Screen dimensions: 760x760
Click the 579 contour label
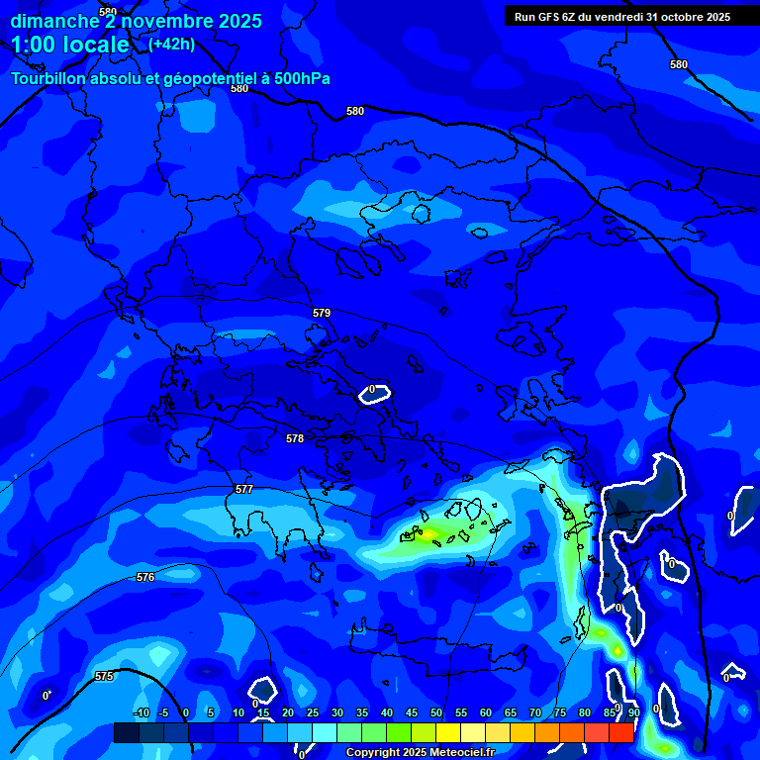pos(322,313)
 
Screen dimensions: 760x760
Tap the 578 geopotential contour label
pos(295,438)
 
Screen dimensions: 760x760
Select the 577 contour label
pos(244,490)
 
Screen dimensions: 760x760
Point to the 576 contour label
pos(145,577)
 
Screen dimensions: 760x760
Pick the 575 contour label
pos(104,676)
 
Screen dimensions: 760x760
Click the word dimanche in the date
pos(55,21)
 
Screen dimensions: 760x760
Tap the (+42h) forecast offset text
pos(171,44)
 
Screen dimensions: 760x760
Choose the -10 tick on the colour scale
pos(141,712)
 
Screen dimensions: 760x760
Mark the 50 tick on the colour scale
pos(436,712)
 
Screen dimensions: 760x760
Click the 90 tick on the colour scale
pos(634,712)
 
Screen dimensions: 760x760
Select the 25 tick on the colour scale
pos(313,712)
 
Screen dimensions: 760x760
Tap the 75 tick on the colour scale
pos(560,712)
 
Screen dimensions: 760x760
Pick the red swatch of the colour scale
pos(620,732)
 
